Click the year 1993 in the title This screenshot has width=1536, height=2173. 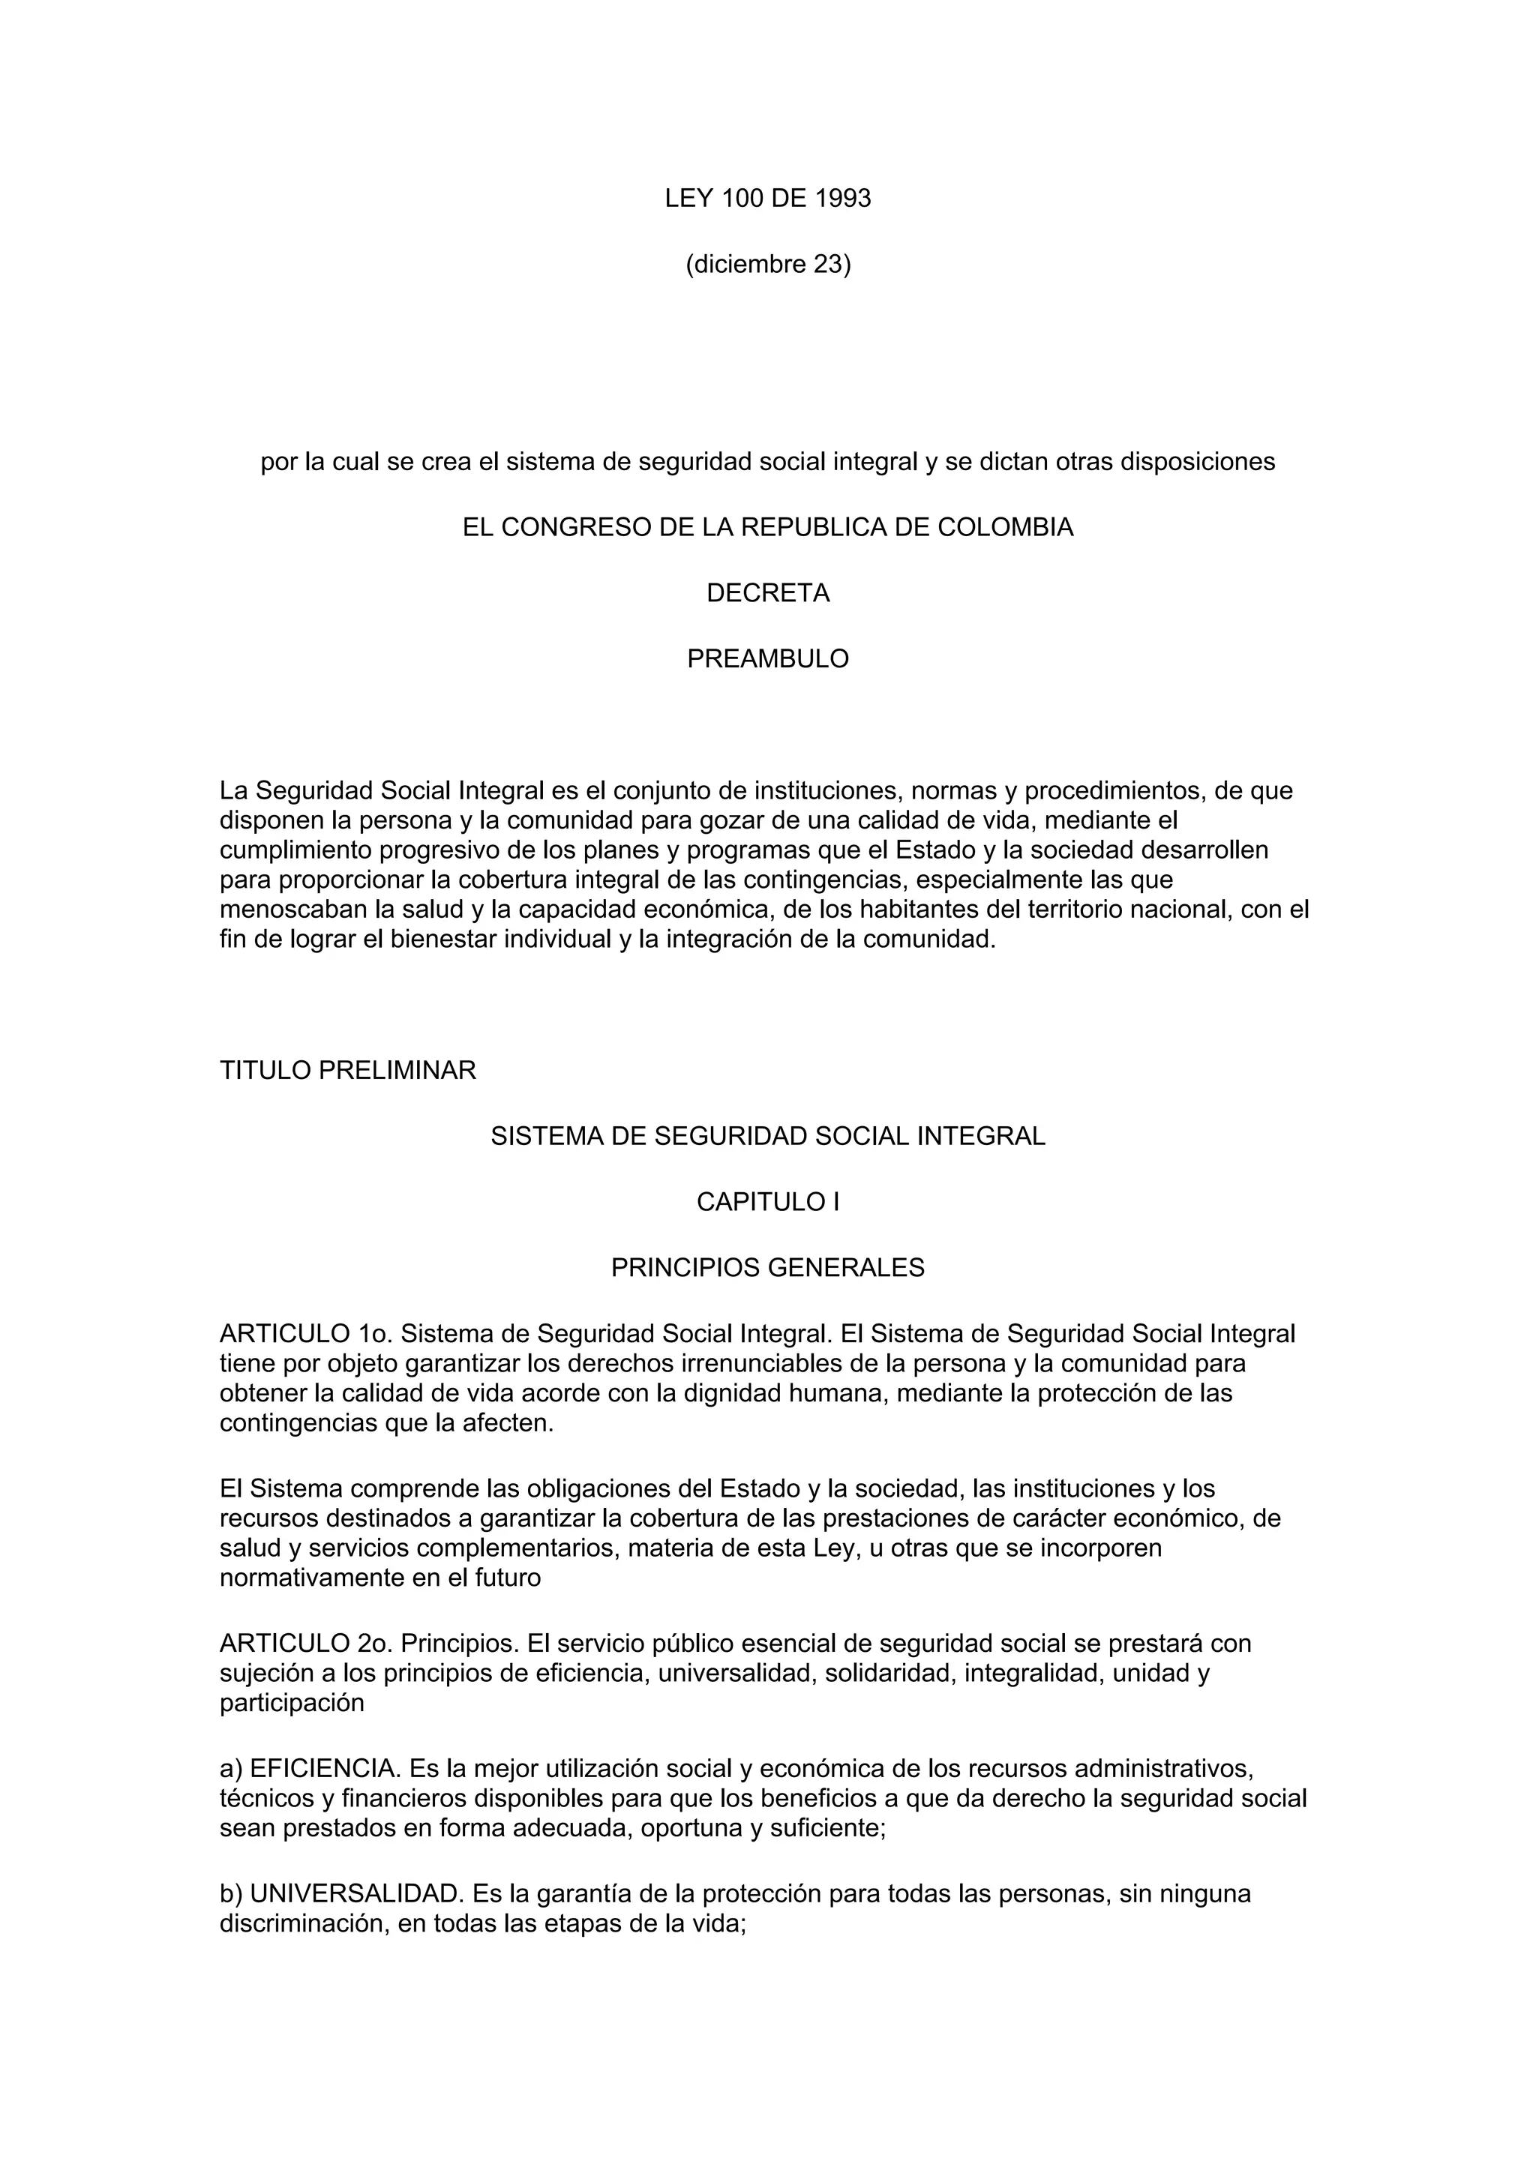click(x=842, y=199)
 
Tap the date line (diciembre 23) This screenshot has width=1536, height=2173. click(x=767, y=265)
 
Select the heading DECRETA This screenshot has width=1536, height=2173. click(x=767, y=593)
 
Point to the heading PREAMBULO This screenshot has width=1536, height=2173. click(x=767, y=658)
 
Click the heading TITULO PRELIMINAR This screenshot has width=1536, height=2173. click(x=347, y=1071)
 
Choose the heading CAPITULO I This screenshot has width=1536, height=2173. click(x=767, y=1202)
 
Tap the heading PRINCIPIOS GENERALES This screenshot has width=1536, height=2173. click(x=767, y=1267)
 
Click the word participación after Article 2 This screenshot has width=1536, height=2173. click(x=292, y=1703)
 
